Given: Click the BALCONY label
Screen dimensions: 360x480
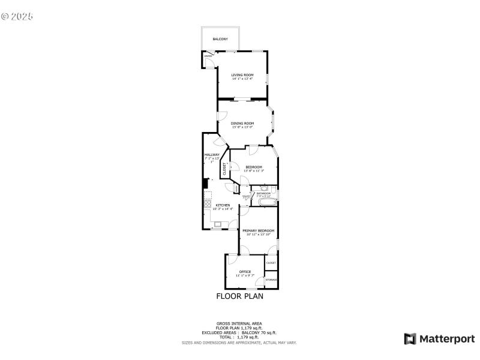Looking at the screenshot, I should [220, 39].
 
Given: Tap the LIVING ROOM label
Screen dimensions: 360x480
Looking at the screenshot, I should [242, 75].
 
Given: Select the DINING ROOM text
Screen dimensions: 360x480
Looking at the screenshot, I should [242, 123].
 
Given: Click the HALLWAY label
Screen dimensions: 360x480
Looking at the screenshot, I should [212, 155].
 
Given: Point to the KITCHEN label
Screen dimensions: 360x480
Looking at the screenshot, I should [223, 205].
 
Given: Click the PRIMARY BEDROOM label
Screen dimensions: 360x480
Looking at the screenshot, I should [258, 230].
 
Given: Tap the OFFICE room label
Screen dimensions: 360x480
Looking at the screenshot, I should [245, 272].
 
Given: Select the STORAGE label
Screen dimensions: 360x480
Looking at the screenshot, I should [271, 280].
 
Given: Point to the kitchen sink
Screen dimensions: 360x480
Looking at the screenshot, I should [217, 225].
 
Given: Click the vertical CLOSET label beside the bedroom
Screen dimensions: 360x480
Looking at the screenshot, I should [225, 169].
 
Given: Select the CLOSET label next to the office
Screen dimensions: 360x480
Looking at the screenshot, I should [271, 263].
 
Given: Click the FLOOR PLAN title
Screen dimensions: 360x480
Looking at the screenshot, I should [239, 296].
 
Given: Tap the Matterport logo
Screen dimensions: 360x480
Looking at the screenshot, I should [440, 339].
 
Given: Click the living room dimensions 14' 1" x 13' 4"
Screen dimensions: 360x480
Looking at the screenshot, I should [242, 79].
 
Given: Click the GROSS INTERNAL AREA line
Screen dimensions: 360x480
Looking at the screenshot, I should [239, 323].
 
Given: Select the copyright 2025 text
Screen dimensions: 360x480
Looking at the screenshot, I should [17, 16].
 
